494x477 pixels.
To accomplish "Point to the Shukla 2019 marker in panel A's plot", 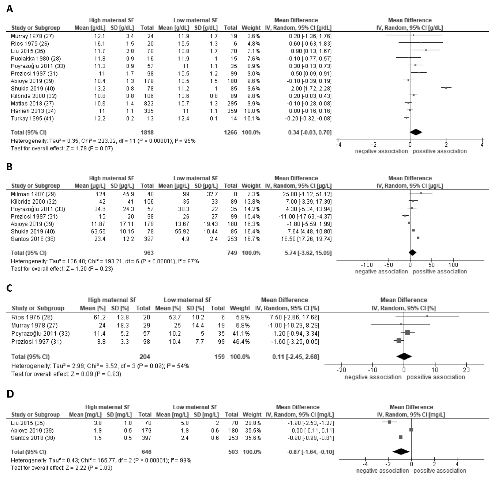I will (446, 88).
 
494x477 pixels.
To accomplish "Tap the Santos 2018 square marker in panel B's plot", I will (418, 238).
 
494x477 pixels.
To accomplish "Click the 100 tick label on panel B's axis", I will (453, 265).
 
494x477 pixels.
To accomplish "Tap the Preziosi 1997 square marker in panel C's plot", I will (399, 341).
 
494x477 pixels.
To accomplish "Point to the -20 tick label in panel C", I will (341, 370).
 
